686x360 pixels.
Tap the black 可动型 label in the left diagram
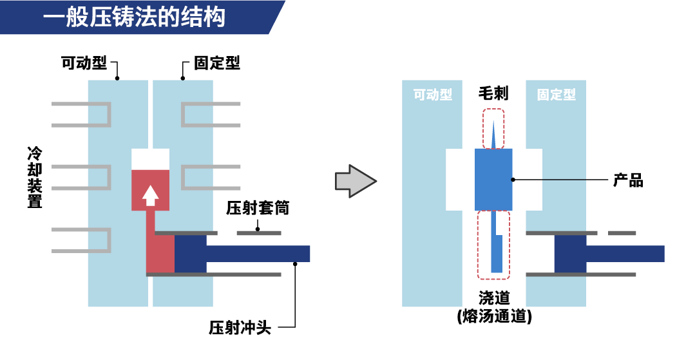click(84, 64)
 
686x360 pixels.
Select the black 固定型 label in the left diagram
click(217, 64)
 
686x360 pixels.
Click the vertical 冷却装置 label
click(35, 177)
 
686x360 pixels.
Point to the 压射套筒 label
click(258, 209)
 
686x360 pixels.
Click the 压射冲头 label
click(240, 328)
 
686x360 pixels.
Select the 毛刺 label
click(493, 94)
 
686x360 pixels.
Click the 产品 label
click(628, 180)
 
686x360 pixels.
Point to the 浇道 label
click(494, 298)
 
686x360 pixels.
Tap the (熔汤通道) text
click(494, 317)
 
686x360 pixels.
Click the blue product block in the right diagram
click(493, 180)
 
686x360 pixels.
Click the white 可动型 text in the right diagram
click(432, 95)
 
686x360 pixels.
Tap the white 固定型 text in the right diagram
click(557, 95)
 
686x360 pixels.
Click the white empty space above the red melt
click(150, 159)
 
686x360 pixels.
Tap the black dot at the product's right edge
click(513, 180)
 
